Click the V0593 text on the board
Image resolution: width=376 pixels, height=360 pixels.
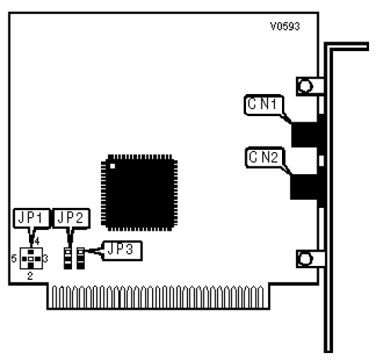click(285, 27)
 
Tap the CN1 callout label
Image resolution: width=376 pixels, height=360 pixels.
click(264, 105)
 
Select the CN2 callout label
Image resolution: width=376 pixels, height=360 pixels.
click(265, 157)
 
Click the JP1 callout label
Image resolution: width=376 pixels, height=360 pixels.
click(31, 219)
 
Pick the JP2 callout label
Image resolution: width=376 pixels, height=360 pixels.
click(71, 219)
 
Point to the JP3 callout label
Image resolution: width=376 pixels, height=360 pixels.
click(122, 250)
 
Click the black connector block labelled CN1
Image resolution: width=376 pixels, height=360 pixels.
click(305, 134)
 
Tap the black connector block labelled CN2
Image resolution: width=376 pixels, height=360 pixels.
click(304, 187)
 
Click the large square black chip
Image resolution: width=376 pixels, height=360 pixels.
click(139, 193)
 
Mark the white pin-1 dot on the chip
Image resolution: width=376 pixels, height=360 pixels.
click(113, 166)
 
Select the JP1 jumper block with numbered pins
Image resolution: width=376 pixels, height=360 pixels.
click(31, 259)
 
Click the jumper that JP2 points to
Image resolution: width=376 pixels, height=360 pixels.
click(68, 258)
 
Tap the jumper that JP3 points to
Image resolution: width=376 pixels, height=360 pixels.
click(81, 258)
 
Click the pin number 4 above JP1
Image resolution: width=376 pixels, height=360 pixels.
click(37, 241)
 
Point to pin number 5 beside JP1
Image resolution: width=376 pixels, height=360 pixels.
click(14, 259)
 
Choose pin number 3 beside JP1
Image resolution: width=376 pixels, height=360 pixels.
click(45, 259)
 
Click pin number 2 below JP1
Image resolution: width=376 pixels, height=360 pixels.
click(31, 276)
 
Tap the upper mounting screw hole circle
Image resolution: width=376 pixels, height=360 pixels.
click(305, 86)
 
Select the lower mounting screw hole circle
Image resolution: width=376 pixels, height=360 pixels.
click(305, 259)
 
